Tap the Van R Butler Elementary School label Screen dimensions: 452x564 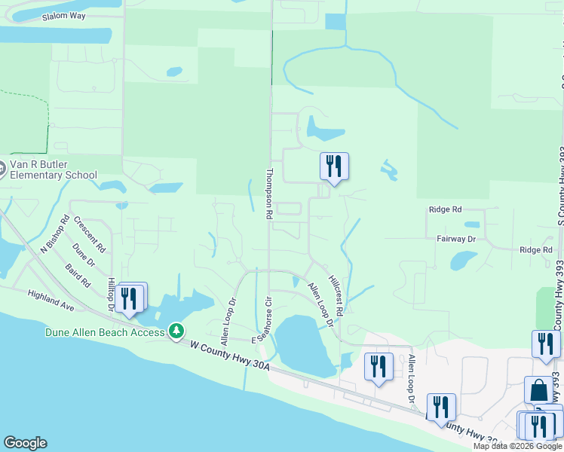[53, 170]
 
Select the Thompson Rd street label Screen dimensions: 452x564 [268, 194]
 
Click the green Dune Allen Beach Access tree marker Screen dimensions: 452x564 [176, 331]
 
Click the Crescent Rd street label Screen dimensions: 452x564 [90, 234]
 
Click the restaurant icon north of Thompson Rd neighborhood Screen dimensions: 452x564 [334, 166]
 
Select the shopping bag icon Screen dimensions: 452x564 [538, 390]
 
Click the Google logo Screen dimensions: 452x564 [25, 443]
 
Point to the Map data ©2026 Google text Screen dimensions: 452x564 [517, 446]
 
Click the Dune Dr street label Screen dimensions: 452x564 [83, 252]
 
